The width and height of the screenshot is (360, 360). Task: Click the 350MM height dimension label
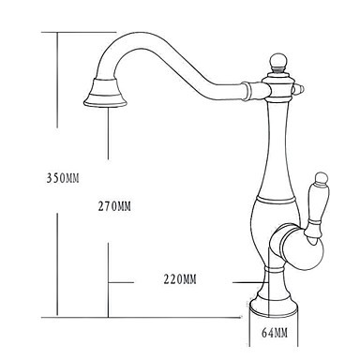coord(63,178)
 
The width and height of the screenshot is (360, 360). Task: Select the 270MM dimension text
coord(114,206)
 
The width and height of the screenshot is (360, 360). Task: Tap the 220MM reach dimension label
coord(180,279)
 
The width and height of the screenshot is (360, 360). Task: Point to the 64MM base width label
coord(275,333)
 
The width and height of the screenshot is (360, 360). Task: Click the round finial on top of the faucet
coord(277,60)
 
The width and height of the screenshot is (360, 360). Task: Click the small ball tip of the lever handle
coord(320,177)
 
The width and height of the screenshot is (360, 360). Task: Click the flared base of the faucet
coord(273,304)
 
